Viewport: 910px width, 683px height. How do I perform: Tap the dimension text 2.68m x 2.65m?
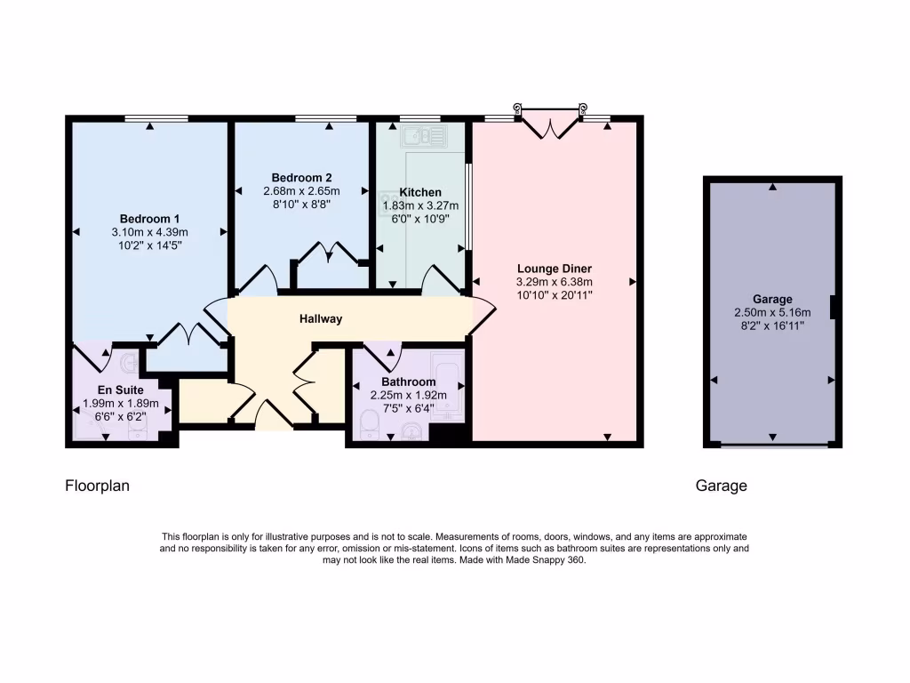(301, 191)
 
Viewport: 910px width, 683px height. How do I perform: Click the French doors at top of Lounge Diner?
(552, 125)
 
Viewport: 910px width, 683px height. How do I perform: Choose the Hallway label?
(320, 318)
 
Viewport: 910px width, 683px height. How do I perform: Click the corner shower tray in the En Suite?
(90, 427)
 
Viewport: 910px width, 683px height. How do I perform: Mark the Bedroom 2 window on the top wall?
(326, 118)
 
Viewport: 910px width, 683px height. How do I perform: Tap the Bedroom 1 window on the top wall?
(156, 118)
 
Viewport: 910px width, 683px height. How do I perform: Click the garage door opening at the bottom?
(772, 444)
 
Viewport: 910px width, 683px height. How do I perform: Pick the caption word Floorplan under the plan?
(97, 486)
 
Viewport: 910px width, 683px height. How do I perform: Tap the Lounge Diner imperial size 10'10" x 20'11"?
(554, 294)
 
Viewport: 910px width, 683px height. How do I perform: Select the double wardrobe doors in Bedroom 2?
(326, 254)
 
